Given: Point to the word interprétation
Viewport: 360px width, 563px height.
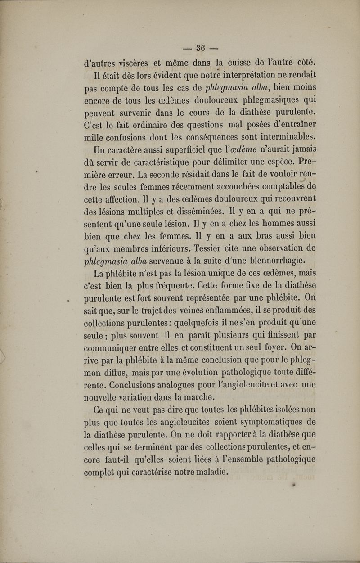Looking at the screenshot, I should click(243, 74).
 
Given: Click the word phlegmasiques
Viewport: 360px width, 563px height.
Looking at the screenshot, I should click(256, 99).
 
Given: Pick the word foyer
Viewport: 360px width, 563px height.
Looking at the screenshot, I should click(260, 347).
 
